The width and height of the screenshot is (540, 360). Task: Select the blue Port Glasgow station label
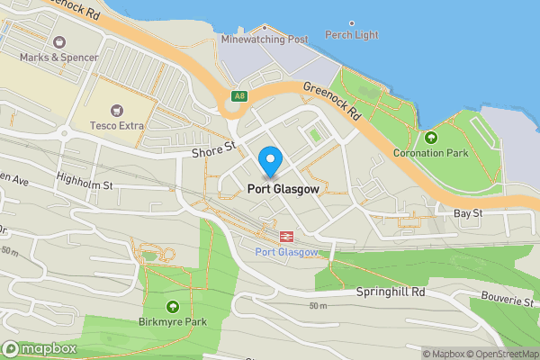click(287, 252)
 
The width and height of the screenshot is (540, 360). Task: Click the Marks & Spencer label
click(58, 57)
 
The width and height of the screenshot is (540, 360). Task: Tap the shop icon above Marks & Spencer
click(59, 41)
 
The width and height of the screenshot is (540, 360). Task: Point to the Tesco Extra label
click(117, 125)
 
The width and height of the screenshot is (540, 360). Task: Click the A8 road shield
click(238, 96)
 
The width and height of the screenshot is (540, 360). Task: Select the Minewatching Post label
click(265, 40)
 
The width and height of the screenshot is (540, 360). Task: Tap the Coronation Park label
click(430, 153)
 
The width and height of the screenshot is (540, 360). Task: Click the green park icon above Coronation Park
click(430, 138)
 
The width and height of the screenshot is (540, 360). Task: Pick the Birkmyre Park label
click(173, 321)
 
